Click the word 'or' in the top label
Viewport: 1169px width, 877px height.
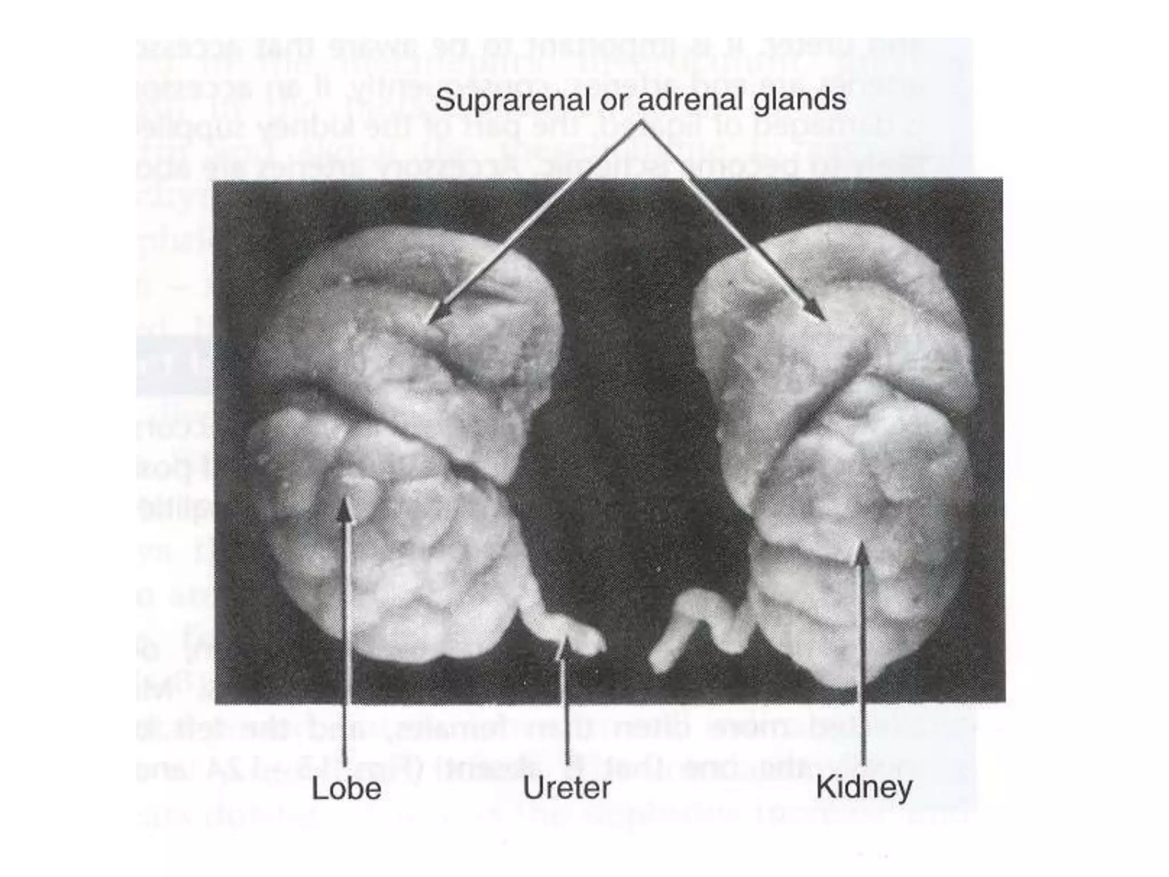click(x=612, y=101)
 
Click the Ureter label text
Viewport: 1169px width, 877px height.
click(x=567, y=789)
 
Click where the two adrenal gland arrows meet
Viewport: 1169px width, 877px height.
click(x=642, y=123)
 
